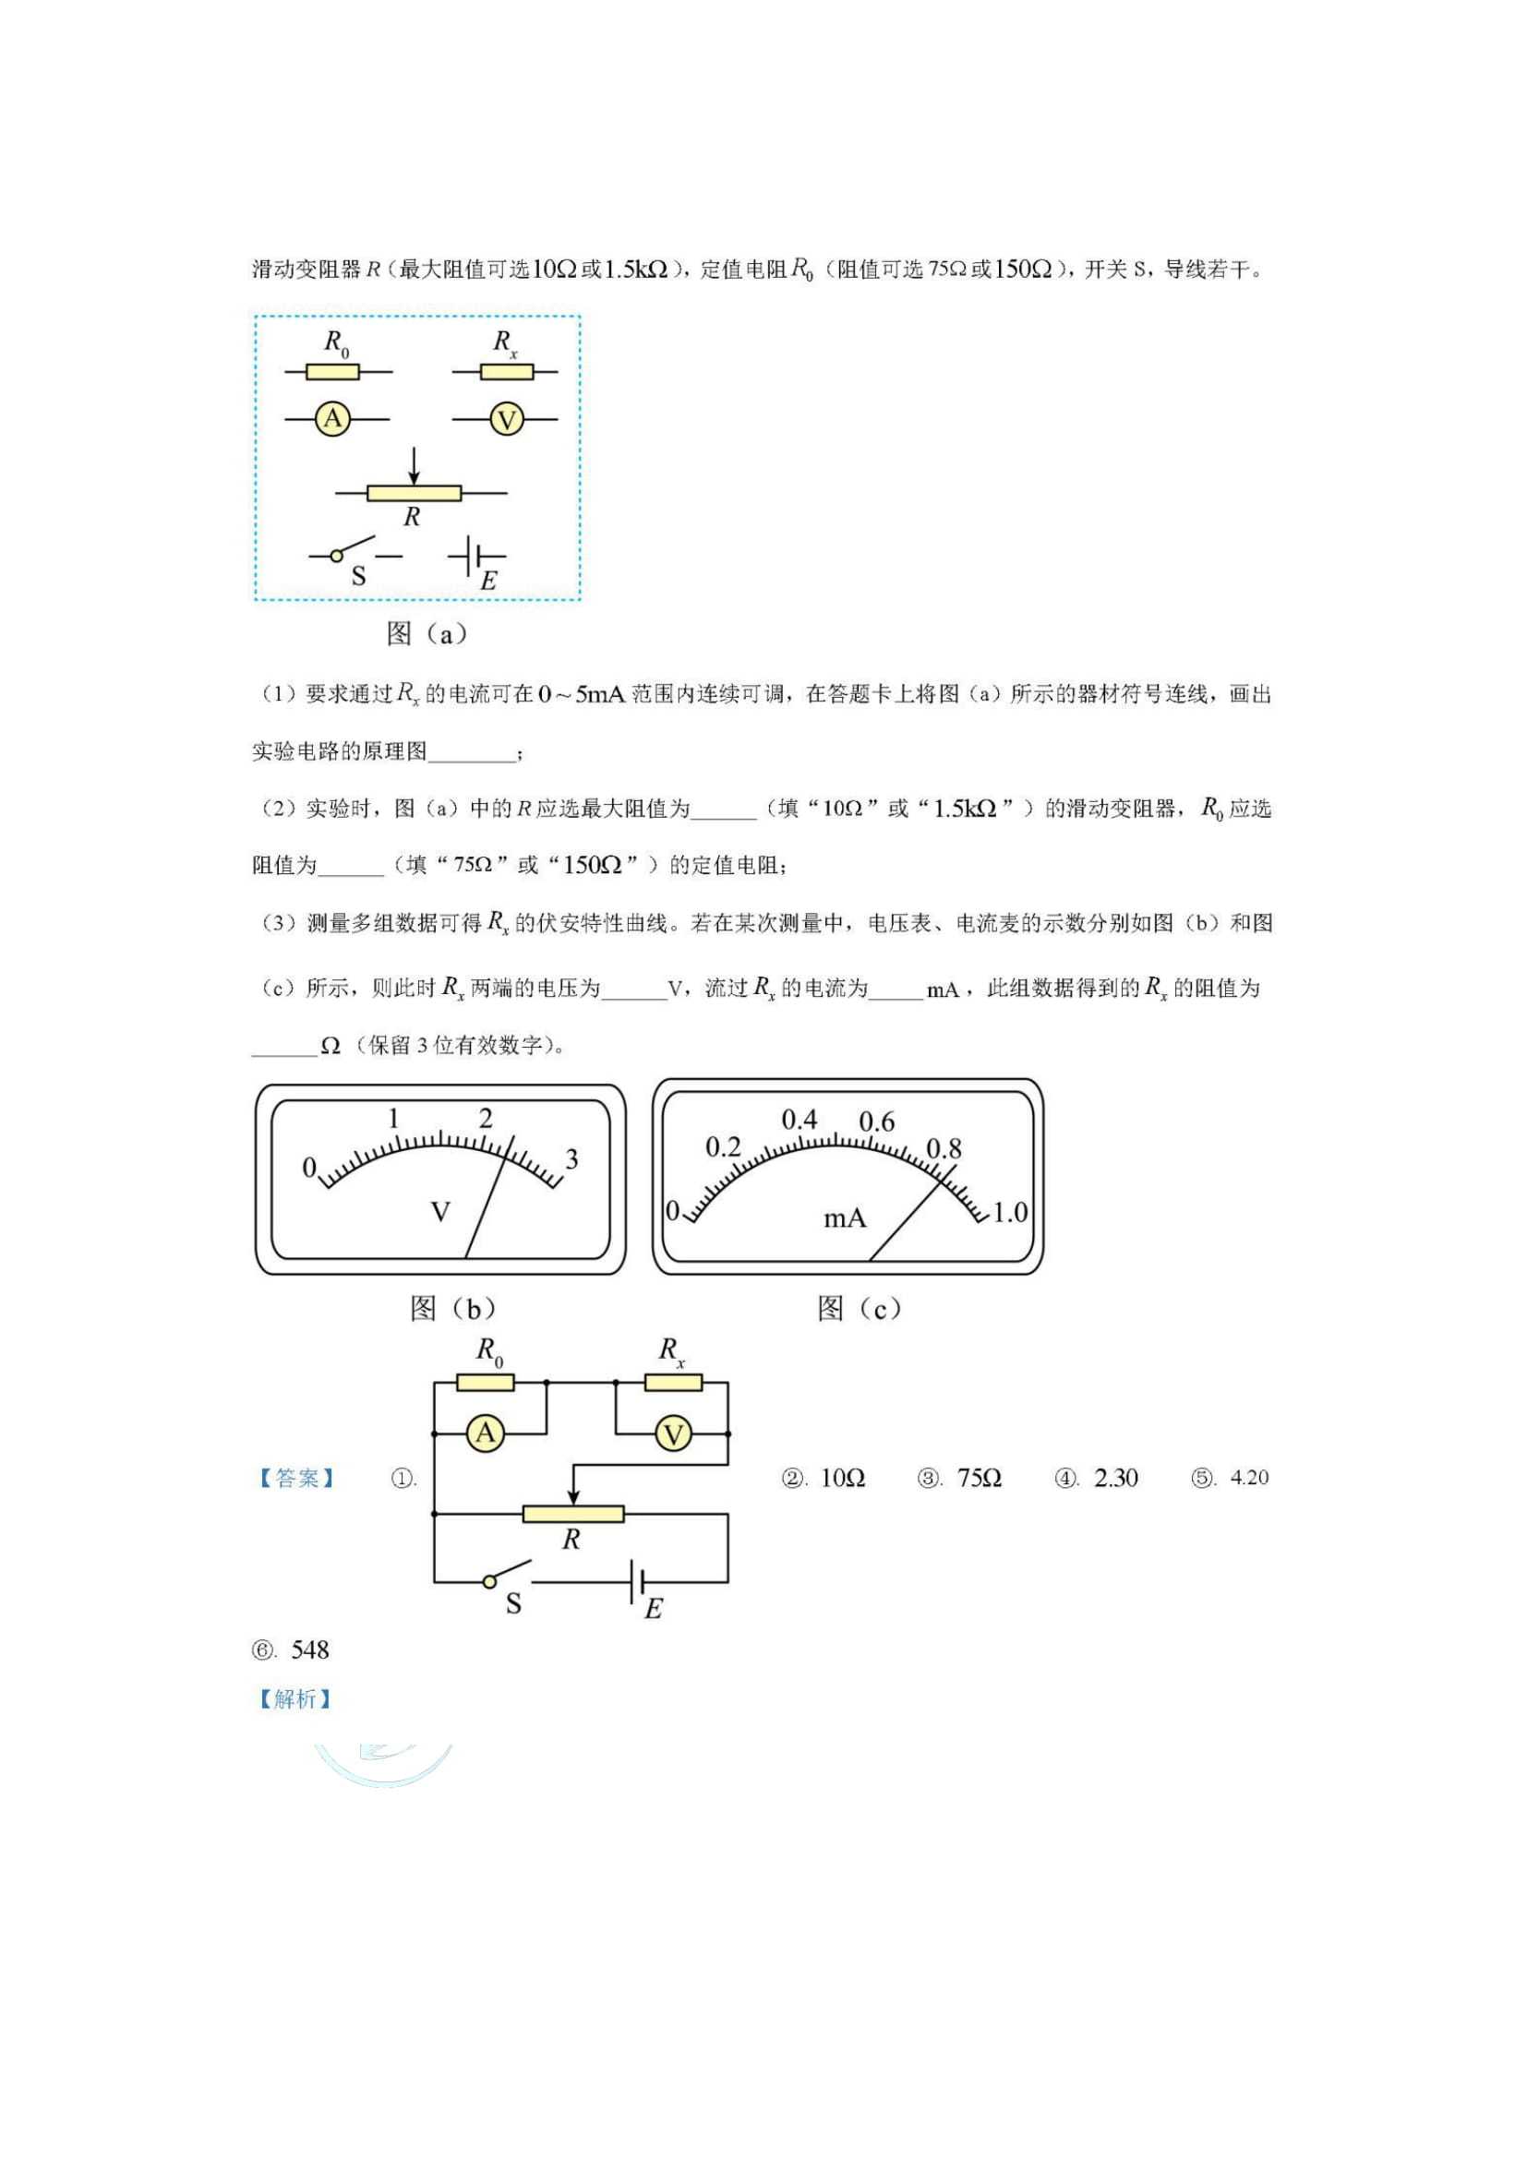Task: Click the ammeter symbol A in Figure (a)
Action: click(x=333, y=418)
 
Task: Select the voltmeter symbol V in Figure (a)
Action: click(x=507, y=419)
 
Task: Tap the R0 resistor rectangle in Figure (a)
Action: click(x=333, y=372)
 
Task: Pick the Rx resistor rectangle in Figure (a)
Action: click(x=507, y=372)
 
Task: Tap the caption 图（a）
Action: click(x=427, y=634)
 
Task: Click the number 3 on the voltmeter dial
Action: click(x=571, y=1159)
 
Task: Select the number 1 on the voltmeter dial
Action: click(x=393, y=1118)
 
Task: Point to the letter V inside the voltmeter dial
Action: click(x=440, y=1212)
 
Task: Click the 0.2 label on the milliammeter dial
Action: click(x=723, y=1147)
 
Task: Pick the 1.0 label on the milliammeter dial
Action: click(x=1010, y=1213)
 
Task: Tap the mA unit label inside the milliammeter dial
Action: click(x=845, y=1218)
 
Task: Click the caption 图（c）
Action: click(x=860, y=1308)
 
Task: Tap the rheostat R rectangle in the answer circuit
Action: click(x=573, y=1514)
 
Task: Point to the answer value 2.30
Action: click(x=1116, y=1478)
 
